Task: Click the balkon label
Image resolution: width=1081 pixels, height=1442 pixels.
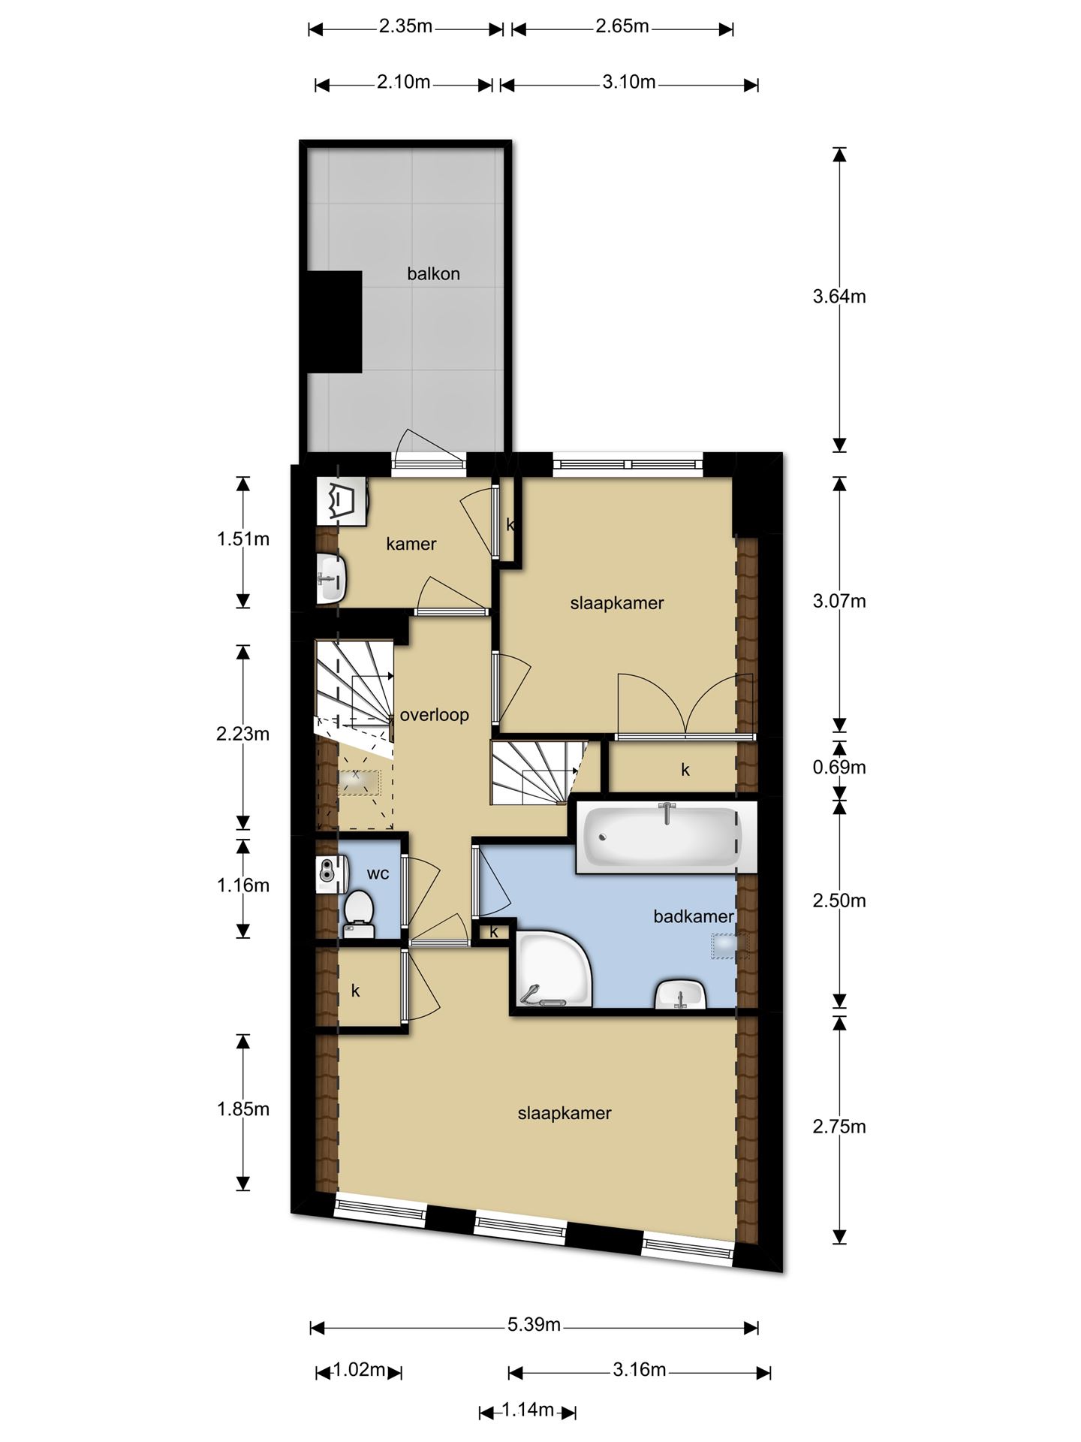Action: tap(433, 274)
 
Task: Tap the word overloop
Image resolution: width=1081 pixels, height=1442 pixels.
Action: tap(434, 715)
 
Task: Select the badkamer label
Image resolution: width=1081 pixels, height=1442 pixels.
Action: tap(693, 916)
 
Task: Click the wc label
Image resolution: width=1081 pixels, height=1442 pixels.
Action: tap(378, 873)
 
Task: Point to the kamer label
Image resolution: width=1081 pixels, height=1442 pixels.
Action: tap(411, 544)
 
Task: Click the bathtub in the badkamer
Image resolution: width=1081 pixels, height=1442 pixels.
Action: tap(665, 837)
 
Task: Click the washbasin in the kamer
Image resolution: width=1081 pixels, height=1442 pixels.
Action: tap(330, 579)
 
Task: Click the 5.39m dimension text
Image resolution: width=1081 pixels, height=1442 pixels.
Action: tap(534, 1324)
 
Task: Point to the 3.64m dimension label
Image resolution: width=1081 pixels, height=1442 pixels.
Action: tap(839, 297)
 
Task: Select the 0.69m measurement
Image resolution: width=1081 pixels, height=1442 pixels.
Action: tap(839, 767)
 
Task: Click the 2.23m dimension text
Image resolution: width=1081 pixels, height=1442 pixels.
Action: tap(242, 734)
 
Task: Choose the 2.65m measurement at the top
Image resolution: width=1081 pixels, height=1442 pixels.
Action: tap(622, 26)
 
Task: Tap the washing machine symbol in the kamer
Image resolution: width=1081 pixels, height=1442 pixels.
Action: tap(342, 501)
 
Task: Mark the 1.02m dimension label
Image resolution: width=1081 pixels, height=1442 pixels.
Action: tap(359, 1369)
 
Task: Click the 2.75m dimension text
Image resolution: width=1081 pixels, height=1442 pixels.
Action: tap(839, 1127)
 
